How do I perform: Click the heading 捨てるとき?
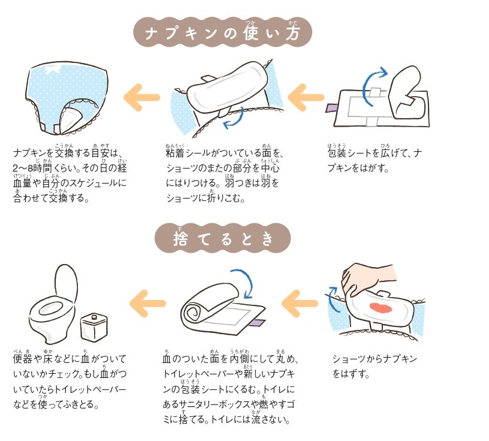pos(222,239)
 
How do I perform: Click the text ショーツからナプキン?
pos(374,359)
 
